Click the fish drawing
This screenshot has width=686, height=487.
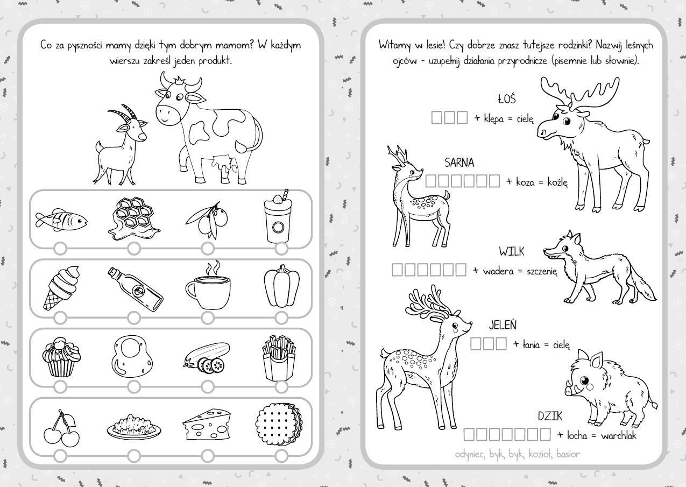(61, 220)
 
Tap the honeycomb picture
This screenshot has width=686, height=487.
(133, 218)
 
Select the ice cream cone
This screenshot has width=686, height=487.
(61, 288)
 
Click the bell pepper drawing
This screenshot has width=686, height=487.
(282, 286)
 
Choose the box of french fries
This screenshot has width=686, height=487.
(279, 357)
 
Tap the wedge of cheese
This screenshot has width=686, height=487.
(207, 424)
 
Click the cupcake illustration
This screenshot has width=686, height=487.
(61, 357)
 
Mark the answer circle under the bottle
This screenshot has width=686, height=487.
(134, 318)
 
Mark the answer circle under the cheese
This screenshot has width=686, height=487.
(208, 456)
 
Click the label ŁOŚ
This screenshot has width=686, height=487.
(507, 98)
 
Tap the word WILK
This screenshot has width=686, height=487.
(512, 251)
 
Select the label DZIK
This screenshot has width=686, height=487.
(550, 416)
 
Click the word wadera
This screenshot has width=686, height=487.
(498, 271)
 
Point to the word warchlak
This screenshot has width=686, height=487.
(619, 435)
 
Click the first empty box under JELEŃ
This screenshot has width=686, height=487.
(476, 344)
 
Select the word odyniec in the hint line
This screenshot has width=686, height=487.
(470, 454)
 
